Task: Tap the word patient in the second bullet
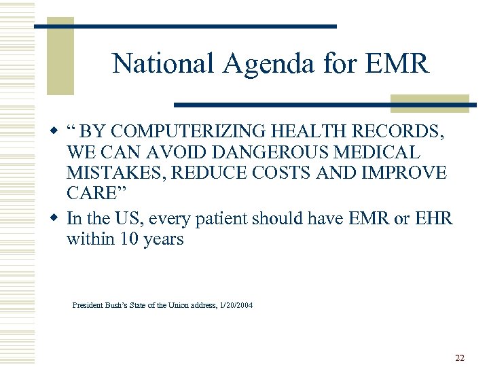coord(223,219)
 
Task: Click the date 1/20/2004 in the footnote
coord(234,306)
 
